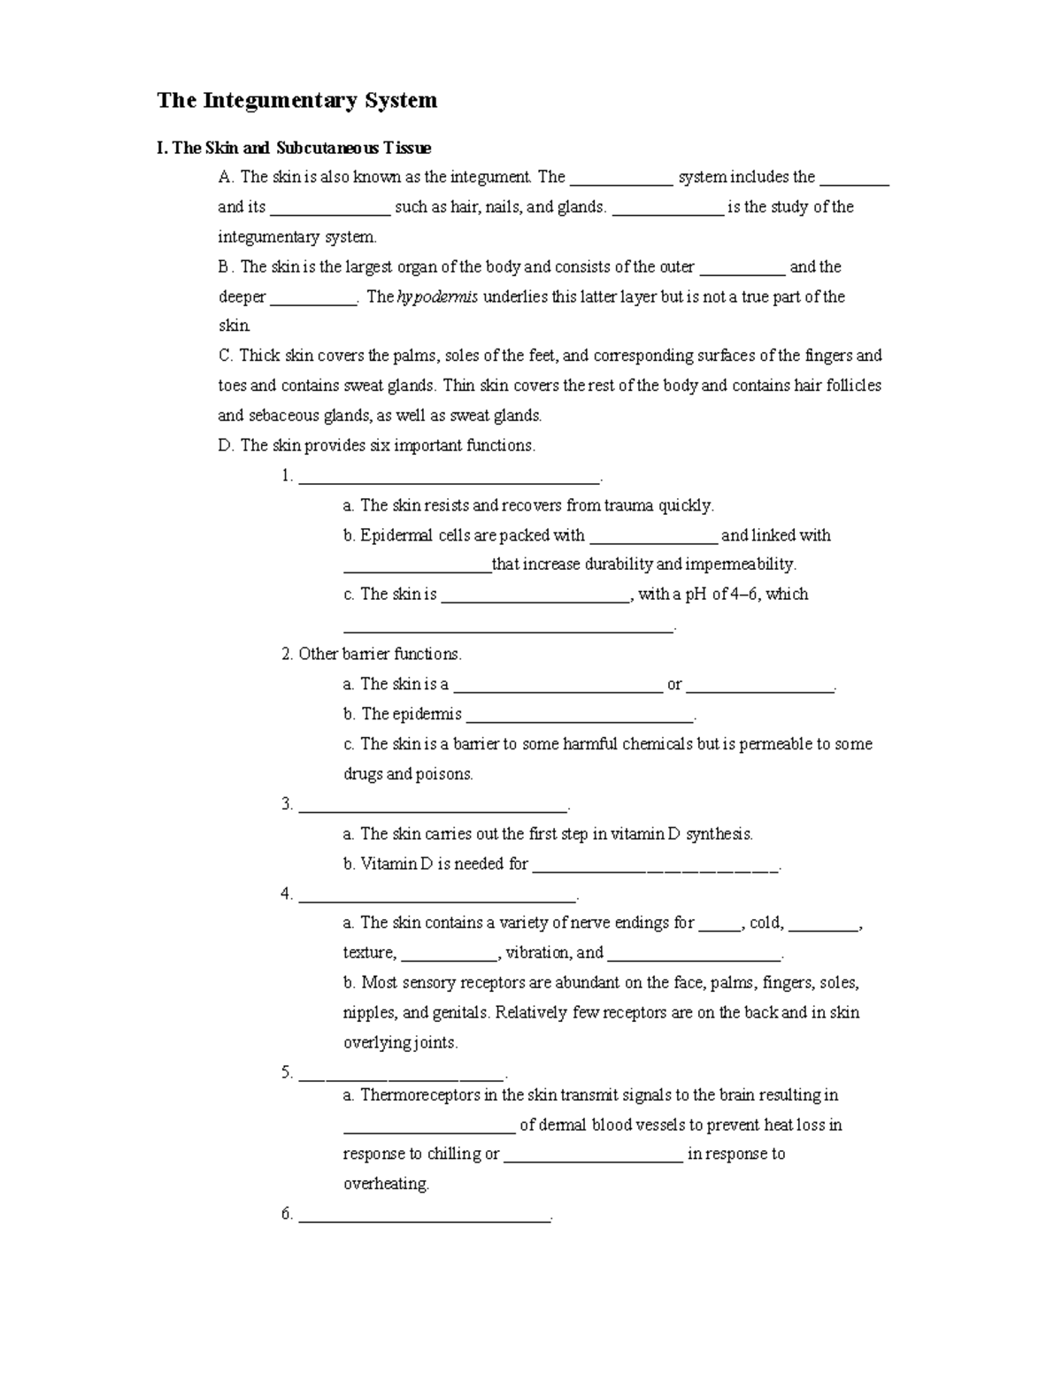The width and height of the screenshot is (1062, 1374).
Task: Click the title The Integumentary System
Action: [x=296, y=101]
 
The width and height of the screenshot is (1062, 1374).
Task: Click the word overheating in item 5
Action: [x=385, y=1185]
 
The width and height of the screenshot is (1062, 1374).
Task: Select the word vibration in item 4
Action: [x=538, y=953]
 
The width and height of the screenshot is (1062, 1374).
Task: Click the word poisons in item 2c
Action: [x=445, y=775]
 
